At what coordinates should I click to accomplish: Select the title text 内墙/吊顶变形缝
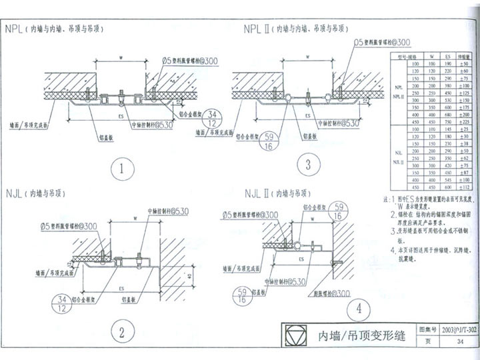(357, 335)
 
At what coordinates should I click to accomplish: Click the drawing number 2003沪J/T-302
(459, 329)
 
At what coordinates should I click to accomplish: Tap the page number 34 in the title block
(459, 342)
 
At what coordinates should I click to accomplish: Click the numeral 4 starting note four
(393, 251)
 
